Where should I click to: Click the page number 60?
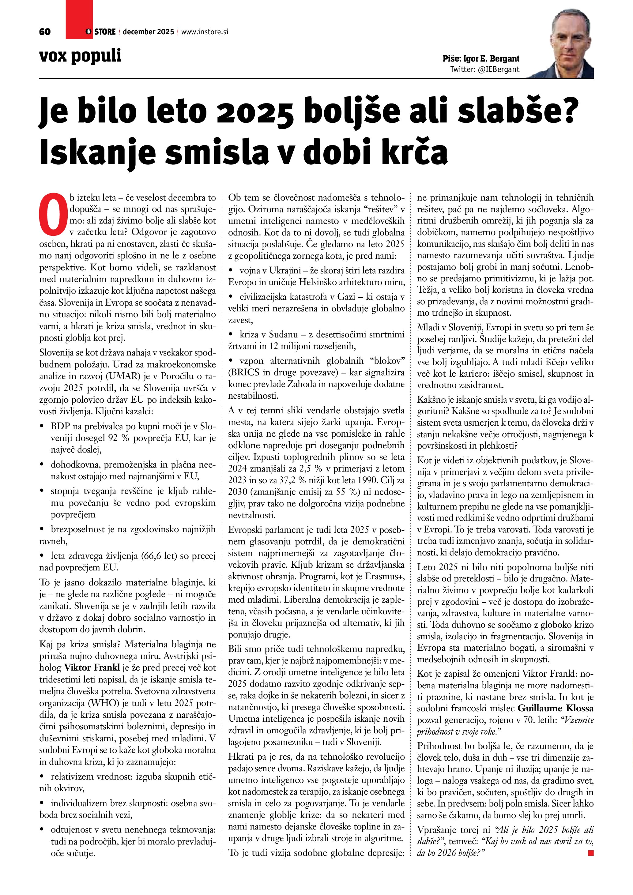point(45,32)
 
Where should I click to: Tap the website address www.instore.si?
point(205,32)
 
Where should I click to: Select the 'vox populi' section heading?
point(80,56)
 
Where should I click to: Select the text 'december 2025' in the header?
point(148,32)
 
